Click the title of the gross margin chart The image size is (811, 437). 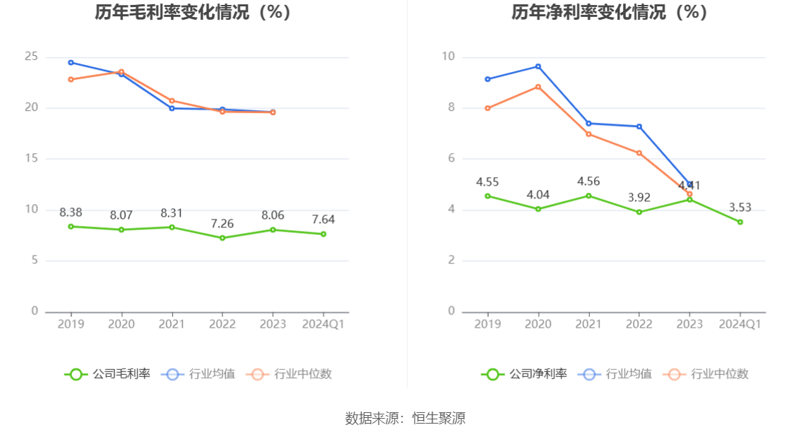[194, 12]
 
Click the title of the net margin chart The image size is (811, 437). [610, 12]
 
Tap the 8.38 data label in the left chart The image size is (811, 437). [71, 212]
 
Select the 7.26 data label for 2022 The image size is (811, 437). [223, 223]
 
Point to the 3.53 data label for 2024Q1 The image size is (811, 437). [740, 208]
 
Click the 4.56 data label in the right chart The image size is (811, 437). [588, 181]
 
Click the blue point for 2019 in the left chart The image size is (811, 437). [71, 62]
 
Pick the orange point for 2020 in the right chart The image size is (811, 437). [538, 87]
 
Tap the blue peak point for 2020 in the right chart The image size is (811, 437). [538, 66]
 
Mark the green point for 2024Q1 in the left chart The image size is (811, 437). [324, 234]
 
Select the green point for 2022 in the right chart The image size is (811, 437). [639, 212]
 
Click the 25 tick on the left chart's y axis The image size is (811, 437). [31, 56]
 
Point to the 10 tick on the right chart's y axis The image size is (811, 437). [448, 56]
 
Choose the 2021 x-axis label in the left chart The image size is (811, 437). [172, 324]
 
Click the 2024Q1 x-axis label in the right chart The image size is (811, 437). [740, 324]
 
